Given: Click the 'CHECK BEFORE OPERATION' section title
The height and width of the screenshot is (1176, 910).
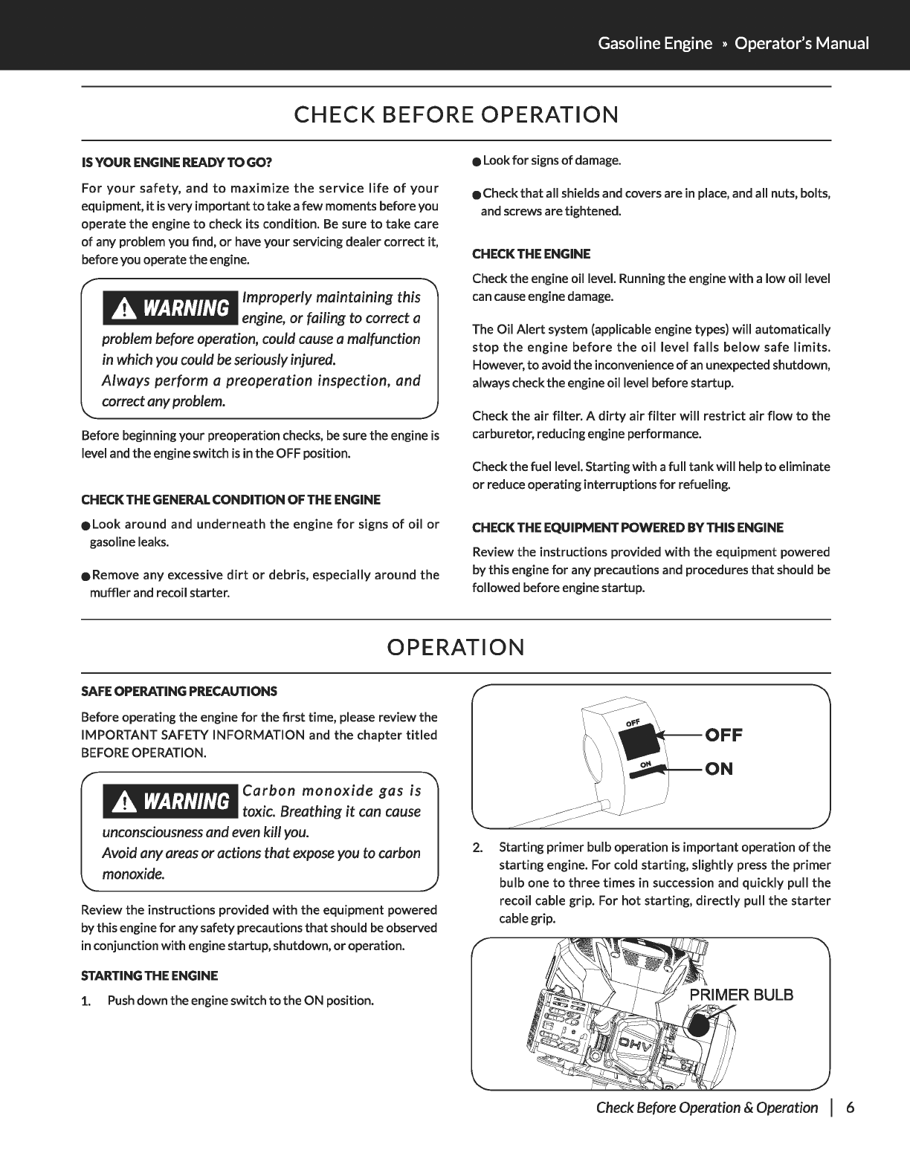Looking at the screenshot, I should click(456, 114).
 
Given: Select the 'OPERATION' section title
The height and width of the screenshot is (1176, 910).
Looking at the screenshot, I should click(456, 647).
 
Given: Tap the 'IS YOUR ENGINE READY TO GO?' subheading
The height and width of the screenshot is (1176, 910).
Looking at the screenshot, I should click(176, 161).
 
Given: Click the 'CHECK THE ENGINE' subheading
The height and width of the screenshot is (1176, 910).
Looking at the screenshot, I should click(532, 254).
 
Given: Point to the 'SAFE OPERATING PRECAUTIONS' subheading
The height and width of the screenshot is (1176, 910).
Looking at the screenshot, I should click(178, 692).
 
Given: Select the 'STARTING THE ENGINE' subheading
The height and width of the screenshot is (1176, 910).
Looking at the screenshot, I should click(149, 975).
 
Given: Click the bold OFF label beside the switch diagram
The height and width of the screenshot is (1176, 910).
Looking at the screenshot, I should click(723, 735).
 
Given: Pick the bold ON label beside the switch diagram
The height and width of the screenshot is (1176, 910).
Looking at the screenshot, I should click(719, 769).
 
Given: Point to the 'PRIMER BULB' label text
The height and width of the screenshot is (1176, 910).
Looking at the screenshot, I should click(741, 995).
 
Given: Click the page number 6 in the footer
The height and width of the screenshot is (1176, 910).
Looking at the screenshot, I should click(850, 1108).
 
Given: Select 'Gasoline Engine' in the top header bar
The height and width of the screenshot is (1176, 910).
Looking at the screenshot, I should click(654, 43).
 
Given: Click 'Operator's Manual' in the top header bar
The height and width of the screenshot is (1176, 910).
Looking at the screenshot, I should click(801, 43).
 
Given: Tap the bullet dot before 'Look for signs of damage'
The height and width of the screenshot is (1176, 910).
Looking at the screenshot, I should click(477, 161).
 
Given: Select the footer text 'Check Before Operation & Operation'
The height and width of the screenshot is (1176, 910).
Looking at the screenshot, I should click(706, 1108).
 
